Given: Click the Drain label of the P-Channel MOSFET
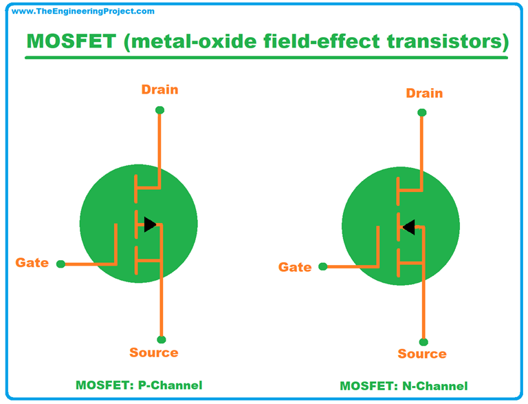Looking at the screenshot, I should (x=159, y=89).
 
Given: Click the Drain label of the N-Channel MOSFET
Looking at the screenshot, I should (x=424, y=93).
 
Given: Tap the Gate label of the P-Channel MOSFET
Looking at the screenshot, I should (x=32, y=262).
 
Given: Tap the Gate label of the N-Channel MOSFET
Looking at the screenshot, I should (x=295, y=266).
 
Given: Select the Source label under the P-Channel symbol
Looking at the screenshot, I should (x=154, y=352).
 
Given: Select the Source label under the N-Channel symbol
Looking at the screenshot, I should (x=422, y=354).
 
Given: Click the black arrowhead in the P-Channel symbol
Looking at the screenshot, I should (x=149, y=223).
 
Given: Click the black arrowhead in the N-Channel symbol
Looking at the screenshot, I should (x=408, y=226).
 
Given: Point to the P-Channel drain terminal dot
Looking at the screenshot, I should (x=159, y=110).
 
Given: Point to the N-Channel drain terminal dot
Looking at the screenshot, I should (x=421, y=112).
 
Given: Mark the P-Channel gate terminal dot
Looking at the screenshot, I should (x=60, y=264).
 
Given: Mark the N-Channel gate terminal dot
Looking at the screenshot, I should (x=323, y=267).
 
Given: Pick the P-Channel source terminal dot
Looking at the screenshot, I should (x=161, y=339).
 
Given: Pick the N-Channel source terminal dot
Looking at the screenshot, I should (x=423, y=341).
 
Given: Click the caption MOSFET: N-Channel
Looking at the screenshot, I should (x=404, y=385).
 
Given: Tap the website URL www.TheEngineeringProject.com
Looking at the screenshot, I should (x=83, y=11).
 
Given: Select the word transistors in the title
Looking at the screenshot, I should (x=442, y=41).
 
